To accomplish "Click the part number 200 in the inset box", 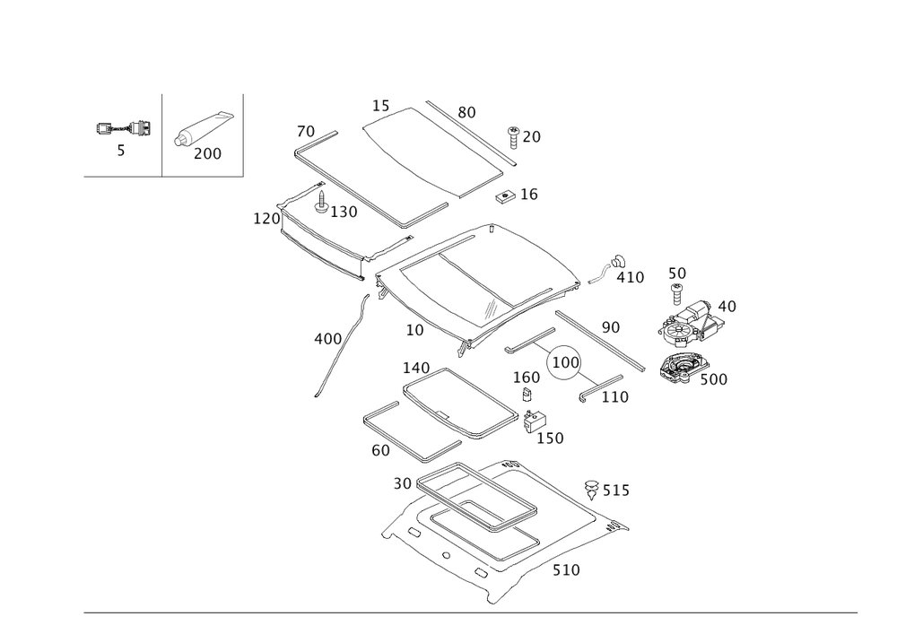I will click(207, 154).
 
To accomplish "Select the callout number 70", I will click(305, 133).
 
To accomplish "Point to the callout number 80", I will click(466, 112).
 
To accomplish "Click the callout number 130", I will click(344, 213).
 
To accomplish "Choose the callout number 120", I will click(266, 218).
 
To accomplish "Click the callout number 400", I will click(327, 339).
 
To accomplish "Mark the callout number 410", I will click(631, 278).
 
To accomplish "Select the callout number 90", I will click(611, 329).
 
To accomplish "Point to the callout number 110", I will click(614, 396).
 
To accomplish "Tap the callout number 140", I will click(416, 367).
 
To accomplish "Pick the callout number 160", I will click(527, 378).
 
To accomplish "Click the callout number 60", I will click(380, 451).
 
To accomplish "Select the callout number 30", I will click(403, 484).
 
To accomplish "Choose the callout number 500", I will click(713, 379).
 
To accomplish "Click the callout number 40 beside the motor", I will click(726, 308).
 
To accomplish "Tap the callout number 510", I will click(566, 569).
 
